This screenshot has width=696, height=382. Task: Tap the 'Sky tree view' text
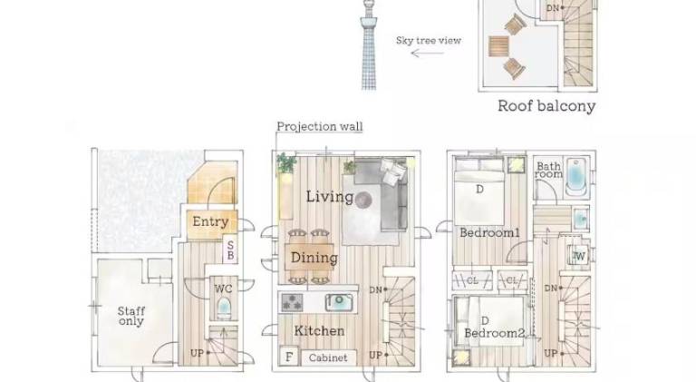(429, 41)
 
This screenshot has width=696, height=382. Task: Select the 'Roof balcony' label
(546, 106)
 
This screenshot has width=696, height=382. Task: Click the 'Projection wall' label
(320, 127)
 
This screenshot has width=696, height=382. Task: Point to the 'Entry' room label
(210, 221)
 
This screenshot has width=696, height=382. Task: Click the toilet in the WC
(224, 308)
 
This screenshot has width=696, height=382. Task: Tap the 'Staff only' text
(131, 317)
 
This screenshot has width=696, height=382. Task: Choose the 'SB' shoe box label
(230, 250)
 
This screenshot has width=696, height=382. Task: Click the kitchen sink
(340, 302)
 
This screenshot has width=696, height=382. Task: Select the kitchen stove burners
(293, 302)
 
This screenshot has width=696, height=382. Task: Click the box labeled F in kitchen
(289, 357)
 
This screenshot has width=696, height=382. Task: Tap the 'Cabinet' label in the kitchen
(328, 358)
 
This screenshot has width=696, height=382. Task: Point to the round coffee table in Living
(363, 200)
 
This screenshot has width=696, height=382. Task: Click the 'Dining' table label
(314, 258)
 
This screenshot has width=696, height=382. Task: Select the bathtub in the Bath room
(575, 178)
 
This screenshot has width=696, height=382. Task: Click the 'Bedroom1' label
(489, 233)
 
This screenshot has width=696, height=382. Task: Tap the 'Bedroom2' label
(495, 333)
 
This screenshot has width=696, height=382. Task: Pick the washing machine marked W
(579, 256)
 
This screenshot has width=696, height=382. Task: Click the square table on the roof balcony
(498, 45)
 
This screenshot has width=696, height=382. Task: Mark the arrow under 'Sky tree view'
(427, 54)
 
